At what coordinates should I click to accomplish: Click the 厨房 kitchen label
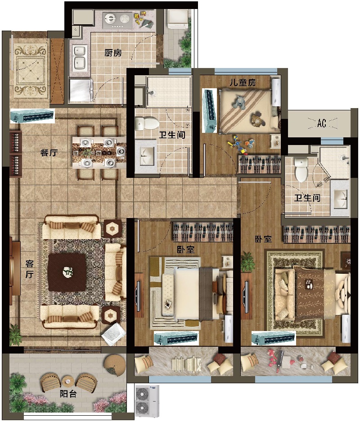coord(113,53)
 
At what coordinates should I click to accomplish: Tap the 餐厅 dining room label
coord(49,153)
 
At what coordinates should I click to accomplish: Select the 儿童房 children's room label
coord(243,82)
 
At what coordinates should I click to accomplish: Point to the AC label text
coord(322,123)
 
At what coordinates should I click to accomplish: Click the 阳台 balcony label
coord(68,394)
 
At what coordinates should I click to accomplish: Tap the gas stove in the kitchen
coord(117,20)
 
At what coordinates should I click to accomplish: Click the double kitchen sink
coord(80,57)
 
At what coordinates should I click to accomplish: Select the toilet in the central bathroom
coord(147,123)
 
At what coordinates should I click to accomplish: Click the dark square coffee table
coord(67,272)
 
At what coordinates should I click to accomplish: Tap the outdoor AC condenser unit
coord(147,401)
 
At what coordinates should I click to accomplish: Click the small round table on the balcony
coord(68,381)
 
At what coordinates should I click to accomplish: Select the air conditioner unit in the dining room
coord(32,116)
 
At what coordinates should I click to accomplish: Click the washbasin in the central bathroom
coord(145,156)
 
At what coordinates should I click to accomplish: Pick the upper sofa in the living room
coord(71,227)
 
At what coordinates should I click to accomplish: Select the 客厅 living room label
coord(29,269)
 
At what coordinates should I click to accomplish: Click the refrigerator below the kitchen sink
coord(81,90)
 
